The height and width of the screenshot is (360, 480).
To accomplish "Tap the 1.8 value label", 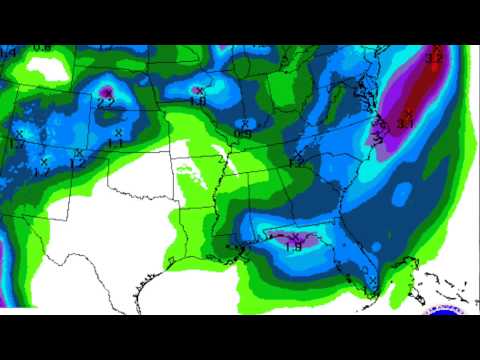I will [198, 101].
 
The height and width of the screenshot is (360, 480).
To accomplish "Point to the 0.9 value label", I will [243, 133].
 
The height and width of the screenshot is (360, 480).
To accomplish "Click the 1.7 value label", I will [17, 145].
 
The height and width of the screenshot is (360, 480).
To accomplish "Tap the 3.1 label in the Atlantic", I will [405, 123].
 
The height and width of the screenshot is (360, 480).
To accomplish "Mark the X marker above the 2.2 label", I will [107, 91].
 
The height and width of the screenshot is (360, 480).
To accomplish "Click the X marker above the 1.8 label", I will [199, 91].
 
